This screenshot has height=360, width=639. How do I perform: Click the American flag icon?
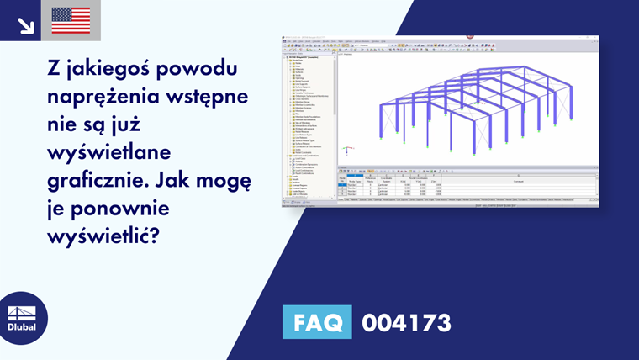71,20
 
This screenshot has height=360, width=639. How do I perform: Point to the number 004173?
406,322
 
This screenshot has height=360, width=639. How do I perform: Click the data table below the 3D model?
467,187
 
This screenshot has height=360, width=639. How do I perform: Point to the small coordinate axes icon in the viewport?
347,151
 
